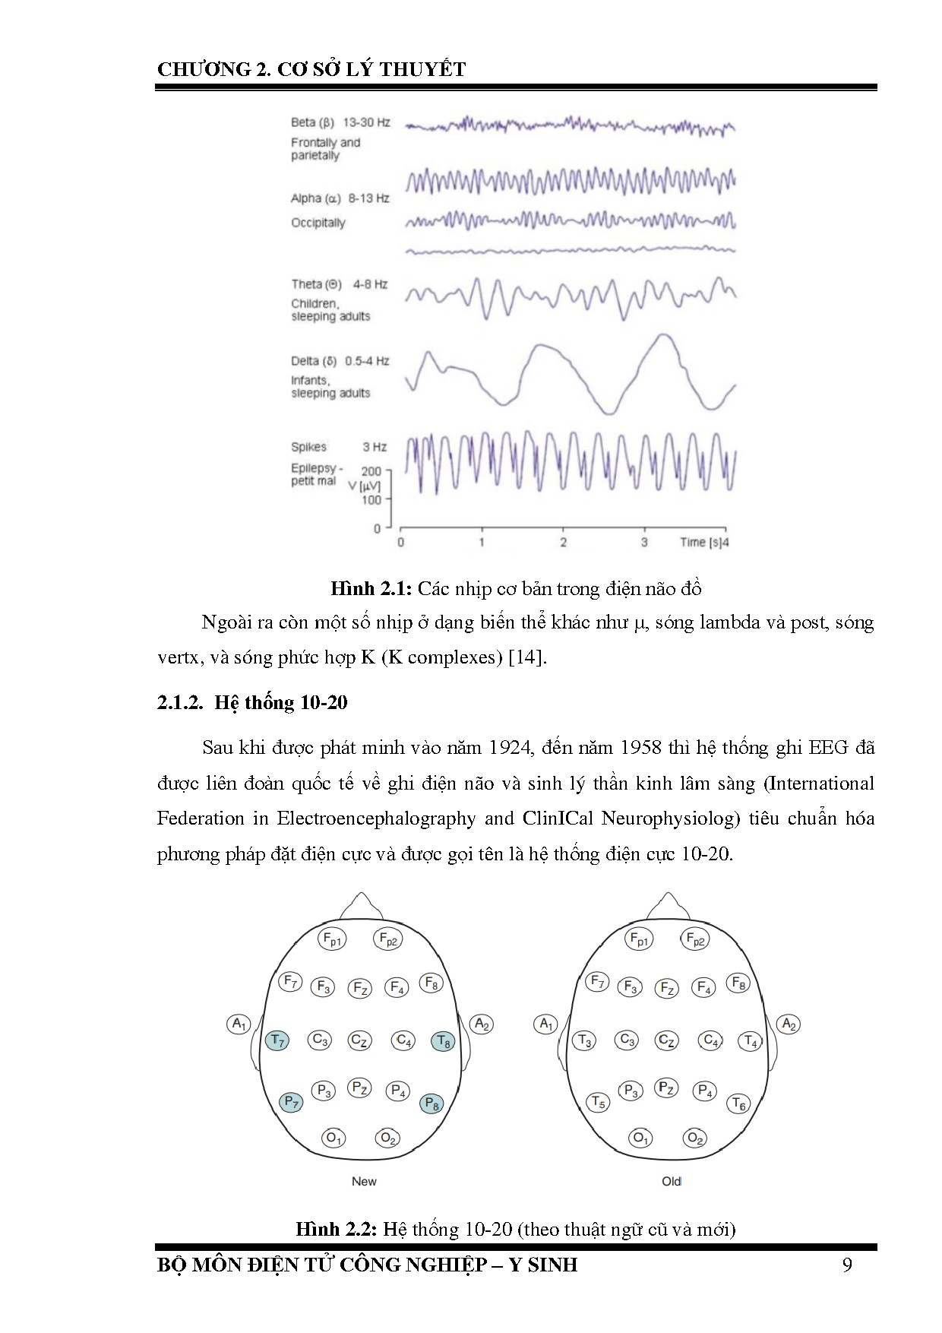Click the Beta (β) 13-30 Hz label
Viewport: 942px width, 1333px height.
pyautogui.click(x=340, y=122)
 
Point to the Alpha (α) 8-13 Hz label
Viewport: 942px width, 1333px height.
pyautogui.click(x=340, y=198)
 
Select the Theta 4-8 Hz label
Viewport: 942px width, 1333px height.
pyautogui.click(x=339, y=284)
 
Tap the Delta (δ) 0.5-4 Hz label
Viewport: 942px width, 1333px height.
pyautogui.click(x=340, y=361)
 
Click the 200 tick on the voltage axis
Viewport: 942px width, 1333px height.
pyautogui.click(x=371, y=471)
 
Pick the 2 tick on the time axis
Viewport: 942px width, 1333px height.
pyautogui.click(x=563, y=543)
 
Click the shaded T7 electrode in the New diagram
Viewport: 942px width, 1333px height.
pyautogui.click(x=277, y=1040)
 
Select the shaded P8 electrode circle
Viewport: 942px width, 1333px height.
pyautogui.click(x=431, y=1103)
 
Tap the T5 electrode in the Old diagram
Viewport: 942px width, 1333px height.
pyautogui.click(x=599, y=1102)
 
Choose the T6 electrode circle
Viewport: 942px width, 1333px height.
pyautogui.click(x=738, y=1103)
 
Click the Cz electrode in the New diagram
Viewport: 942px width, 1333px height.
pyautogui.click(x=359, y=1040)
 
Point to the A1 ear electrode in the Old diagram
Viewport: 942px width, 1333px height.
pyautogui.click(x=546, y=1024)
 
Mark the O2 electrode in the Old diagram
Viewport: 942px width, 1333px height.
pyautogui.click(x=694, y=1138)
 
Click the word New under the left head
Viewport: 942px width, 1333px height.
pyautogui.click(x=364, y=1181)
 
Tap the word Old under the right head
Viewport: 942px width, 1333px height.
pyautogui.click(x=672, y=1181)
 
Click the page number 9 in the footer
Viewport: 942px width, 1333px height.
pyautogui.click(x=847, y=1265)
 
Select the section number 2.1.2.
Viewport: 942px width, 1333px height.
pyautogui.click(x=180, y=702)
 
